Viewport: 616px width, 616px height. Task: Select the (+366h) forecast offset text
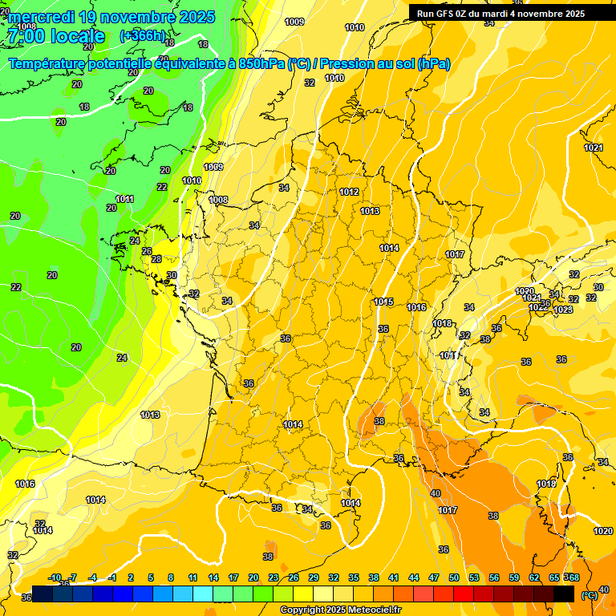(143, 36)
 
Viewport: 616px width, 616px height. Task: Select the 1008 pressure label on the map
(218, 201)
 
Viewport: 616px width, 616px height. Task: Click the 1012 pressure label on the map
(349, 192)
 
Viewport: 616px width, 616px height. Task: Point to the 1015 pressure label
(383, 302)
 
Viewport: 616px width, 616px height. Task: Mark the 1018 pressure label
(442, 324)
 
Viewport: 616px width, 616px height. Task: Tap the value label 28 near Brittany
(156, 259)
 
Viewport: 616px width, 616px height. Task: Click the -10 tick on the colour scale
(55, 578)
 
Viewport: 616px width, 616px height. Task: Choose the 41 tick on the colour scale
(394, 578)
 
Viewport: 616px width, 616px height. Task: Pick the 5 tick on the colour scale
(152, 578)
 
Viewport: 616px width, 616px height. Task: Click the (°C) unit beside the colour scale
(589, 596)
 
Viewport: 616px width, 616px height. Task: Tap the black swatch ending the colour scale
(564, 594)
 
